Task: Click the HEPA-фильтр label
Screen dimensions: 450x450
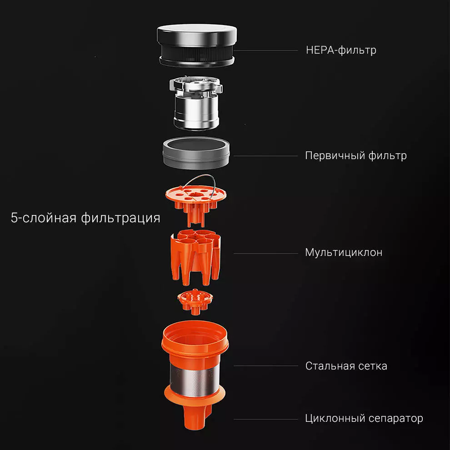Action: [341, 50]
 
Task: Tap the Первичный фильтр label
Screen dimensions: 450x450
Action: [356, 155]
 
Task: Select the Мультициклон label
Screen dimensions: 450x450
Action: [344, 253]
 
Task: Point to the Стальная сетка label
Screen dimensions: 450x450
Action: [346, 366]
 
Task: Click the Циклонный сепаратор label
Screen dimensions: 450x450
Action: [364, 419]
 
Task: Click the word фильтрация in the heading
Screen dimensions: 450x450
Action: [120, 218]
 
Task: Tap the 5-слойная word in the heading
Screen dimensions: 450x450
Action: [44, 218]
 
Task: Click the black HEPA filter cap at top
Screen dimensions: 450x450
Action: [197, 45]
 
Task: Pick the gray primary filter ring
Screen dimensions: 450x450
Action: [196, 153]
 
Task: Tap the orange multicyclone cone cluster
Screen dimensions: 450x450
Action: [196, 257]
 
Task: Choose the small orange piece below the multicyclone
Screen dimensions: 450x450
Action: [195, 301]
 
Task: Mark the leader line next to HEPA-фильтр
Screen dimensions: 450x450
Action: [266, 50]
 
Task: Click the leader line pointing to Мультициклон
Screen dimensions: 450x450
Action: [266, 254]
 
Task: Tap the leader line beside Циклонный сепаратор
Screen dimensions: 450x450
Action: [266, 419]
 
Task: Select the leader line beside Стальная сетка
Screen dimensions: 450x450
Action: [266, 366]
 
